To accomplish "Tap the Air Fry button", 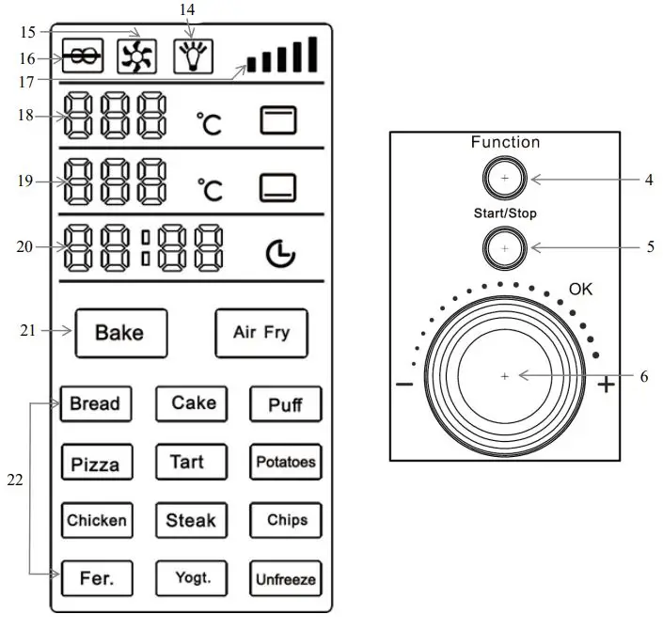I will click(x=261, y=333).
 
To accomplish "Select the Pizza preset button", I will click(x=96, y=464).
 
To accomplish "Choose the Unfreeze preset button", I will click(x=286, y=578).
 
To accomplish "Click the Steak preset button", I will click(x=191, y=520).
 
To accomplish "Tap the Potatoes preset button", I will click(x=286, y=463).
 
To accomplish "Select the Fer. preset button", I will click(x=96, y=578).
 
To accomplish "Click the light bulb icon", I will click(x=193, y=56).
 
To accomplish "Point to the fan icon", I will click(x=136, y=57).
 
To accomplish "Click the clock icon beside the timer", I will click(x=279, y=253).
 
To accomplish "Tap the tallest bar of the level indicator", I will click(x=312, y=55).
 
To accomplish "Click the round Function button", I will click(x=505, y=177).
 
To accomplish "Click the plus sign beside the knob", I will click(x=606, y=384).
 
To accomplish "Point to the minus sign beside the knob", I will click(x=405, y=384).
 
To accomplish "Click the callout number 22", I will click(x=14, y=480).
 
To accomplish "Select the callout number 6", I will click(x=644, y=376).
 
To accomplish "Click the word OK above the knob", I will click(x=580, y=290).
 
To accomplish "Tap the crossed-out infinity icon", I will click(x=83, y=57).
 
